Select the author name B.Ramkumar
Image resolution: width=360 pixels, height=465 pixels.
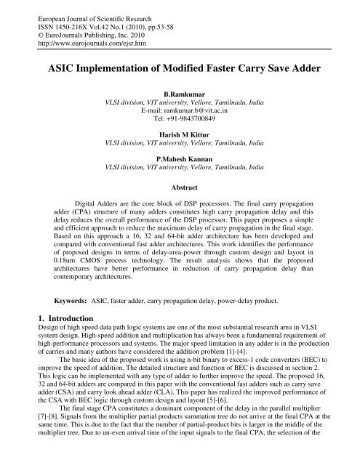coord(180,94)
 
